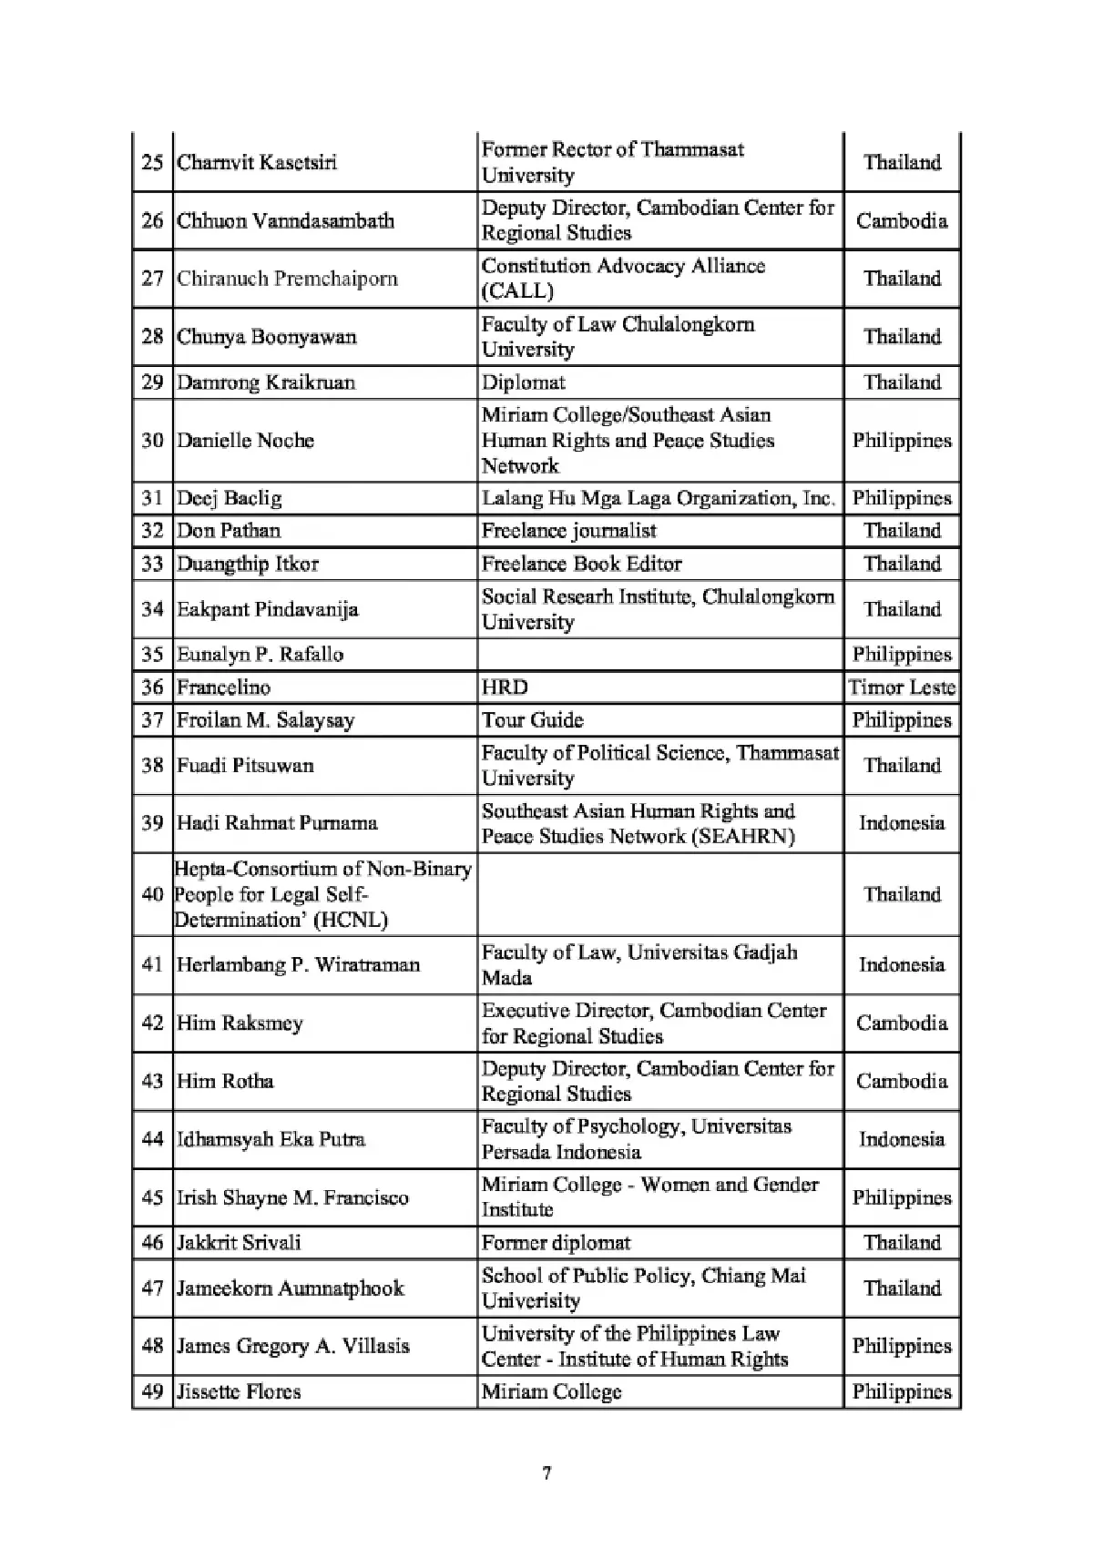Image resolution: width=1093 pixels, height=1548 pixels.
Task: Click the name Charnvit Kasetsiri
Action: (x=257, y=163)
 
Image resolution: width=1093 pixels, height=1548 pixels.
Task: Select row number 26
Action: (x=152, y=221)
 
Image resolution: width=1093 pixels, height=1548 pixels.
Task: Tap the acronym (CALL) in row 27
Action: (x=517, y=291)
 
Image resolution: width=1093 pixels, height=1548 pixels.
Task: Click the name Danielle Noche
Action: (x=245, y=441)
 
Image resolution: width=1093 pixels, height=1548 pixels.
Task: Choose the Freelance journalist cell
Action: (x=568, y=531)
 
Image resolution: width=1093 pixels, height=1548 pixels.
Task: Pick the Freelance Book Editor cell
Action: (x=581, y=564)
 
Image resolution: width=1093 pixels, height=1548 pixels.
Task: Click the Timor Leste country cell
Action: (x=902, y=687)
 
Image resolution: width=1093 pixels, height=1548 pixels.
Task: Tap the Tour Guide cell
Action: (x=532, y=720)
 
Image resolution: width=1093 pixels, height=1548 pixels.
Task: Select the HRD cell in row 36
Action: (x=505, y=687)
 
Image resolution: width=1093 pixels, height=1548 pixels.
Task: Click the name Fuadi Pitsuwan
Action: (x=245, y=766)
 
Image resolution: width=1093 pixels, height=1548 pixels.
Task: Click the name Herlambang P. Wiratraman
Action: (x=298, y=965)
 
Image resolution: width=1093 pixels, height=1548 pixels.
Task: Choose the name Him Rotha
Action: (x=225, y=1082)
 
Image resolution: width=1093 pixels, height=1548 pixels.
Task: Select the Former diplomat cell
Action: (x=556, y=1243)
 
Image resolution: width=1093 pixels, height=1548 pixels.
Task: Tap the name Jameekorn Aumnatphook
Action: (x=290, y=1288)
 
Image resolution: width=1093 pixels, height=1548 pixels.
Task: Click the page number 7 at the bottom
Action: (x=546, y=1473)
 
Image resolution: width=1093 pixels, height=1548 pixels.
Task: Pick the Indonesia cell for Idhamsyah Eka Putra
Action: (x=902, y=1140)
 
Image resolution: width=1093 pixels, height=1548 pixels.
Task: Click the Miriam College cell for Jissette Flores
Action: (x=551, y=1392)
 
